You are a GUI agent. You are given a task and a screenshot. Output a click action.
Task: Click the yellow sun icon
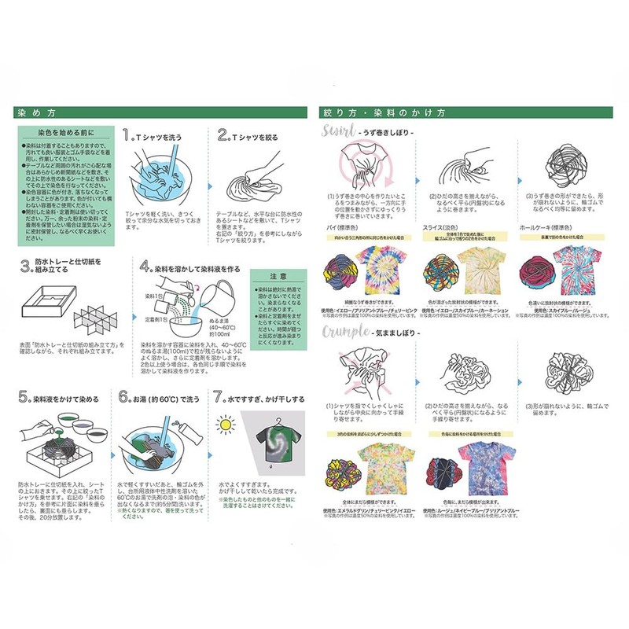click(226, 425)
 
